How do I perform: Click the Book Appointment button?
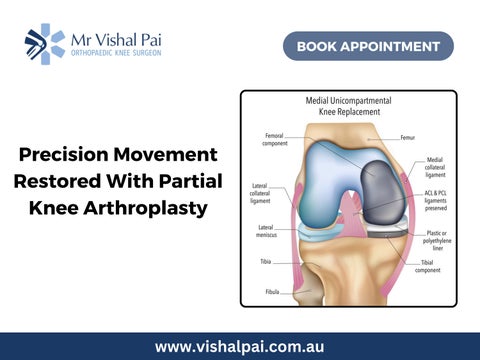(x=368, y=46)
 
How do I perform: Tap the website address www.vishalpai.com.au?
(x=239, y=347)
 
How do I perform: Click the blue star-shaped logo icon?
(x=45, y=44)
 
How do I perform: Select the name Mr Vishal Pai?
(x=116, y=40)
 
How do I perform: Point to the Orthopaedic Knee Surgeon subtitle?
(x=116, y=53)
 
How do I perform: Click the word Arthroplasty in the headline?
(x=145, y=208)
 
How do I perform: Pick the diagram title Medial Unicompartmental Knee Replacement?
(x=349, y=106)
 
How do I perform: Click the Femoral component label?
(x=275, y=139)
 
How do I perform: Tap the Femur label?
(x=408, y=137)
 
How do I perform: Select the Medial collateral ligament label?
(x=435, y=167)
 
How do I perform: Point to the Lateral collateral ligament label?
(x=260, y=193)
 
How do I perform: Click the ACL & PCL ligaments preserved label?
(x=436, y=201)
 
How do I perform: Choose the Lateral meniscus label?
(x=266, y=231)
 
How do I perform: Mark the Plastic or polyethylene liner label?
(x=437, y=241)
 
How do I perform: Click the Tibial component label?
(x=428, y=266)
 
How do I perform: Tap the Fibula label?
(x=272, y=292)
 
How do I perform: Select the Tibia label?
(x=266, y=262)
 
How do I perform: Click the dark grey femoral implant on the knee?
(x=383, y=193)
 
